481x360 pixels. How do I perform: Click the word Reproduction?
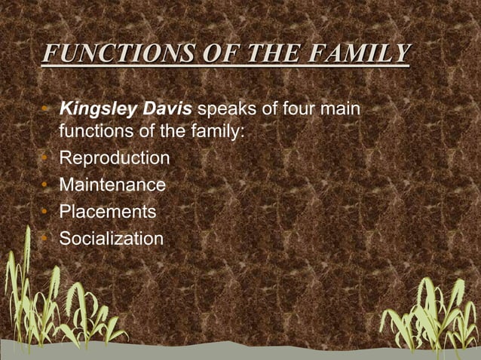114,159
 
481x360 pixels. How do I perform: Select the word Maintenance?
112,185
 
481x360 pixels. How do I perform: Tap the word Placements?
108,212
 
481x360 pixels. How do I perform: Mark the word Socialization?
111,239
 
